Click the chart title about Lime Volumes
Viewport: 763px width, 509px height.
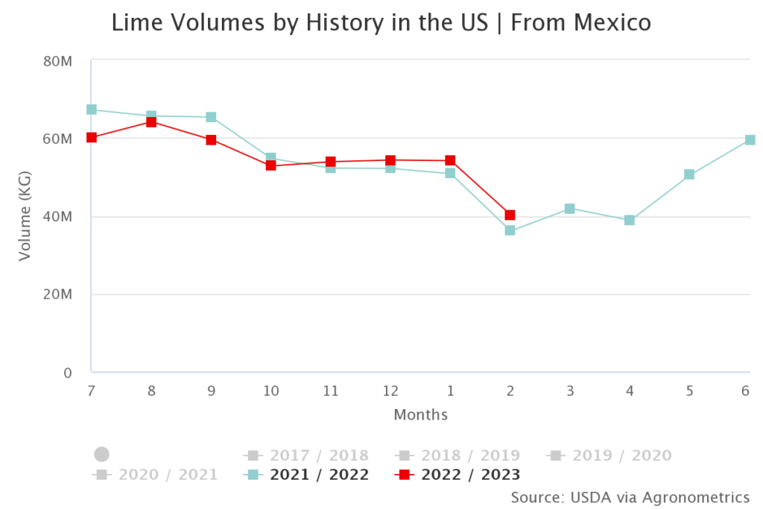click(381, 23)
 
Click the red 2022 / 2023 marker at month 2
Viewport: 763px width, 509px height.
click(510, 215)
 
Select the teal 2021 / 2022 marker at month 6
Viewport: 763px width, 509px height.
click(750, 140)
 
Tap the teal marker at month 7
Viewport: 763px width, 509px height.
click(92, 110)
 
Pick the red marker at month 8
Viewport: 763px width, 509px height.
click(151, 122)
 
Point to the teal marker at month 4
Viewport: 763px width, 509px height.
click(630, 221)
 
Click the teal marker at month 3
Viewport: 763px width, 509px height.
click(569, 209)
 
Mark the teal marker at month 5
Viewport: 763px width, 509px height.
click(689, 174)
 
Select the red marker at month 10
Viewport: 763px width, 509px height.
click(271, 165)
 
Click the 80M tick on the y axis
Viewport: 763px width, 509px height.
click(58, 61)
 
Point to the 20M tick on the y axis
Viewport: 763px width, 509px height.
click(58, 294)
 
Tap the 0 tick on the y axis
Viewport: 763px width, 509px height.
click(67, 372)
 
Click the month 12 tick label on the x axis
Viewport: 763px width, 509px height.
click(390, 391)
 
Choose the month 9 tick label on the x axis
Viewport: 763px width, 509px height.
click(212, 391)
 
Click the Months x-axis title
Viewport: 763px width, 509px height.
click(420, 414)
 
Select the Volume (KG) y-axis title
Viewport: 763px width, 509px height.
click(25, 216)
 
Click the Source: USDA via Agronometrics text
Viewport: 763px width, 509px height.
click(630, 497)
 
